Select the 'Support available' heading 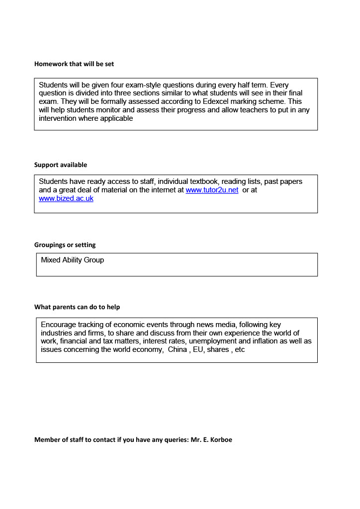tap(60, 165)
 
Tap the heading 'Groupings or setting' tap(65, 245)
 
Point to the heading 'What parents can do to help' tap(77, 307)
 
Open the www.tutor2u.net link tap(212, 190)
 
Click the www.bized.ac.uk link tap(66, 198)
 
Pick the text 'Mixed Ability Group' tap(72, 260)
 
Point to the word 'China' tap(178, 349)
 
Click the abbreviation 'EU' tap(198, 349)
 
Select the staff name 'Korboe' tap(220, 440)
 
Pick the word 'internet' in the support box tap(164, 190)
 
